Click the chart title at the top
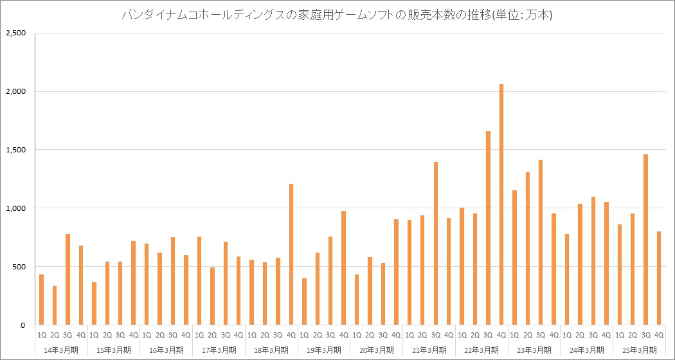[x=337, y=15]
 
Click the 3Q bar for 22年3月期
[x=489, y=228]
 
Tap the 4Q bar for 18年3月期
[x=291, y=255]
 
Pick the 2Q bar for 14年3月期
[x=55, y=305]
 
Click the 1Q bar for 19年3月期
[x=304, y=301]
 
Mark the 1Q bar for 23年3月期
[x=514, y=258]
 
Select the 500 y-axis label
[x=19, y=267]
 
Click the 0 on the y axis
[x=22, y=325]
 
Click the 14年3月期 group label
[x=61, y=350]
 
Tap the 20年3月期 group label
[x=376, y=350]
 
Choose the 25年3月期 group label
[x=639, y=350]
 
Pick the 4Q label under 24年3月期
[x=606, y=335]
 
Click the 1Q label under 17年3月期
[x=199, y=335]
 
